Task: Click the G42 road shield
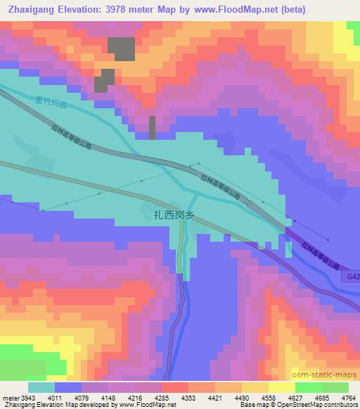[x=353, y=278]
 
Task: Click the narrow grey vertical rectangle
[x=152, y=128]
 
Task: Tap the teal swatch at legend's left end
[x=41, y=387]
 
